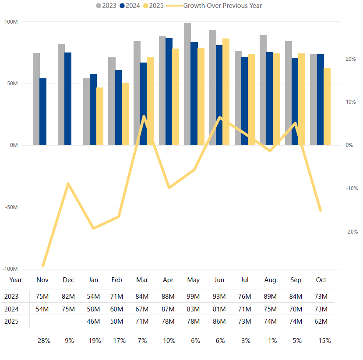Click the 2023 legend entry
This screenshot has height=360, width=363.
pos(106,6)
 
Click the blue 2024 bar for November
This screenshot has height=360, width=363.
pos(43,112)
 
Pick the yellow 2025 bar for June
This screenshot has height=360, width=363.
pos(226,92)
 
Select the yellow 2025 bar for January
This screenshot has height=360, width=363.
pos(100,116)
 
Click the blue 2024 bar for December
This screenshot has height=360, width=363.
pos(68,99)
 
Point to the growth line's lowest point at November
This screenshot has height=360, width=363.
pos(43,266)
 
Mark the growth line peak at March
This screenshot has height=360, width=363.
pos(144,116)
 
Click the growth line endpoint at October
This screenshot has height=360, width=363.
pos(321,210)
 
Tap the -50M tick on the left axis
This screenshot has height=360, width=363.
pos(11,207)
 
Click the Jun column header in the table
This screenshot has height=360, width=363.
pos(219,280)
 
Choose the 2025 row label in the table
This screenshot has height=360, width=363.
pos(11,321)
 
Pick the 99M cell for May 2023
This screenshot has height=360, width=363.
pos(194,297)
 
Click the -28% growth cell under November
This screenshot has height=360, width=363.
pos(43,340)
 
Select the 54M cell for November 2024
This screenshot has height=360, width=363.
pos(43,309)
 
